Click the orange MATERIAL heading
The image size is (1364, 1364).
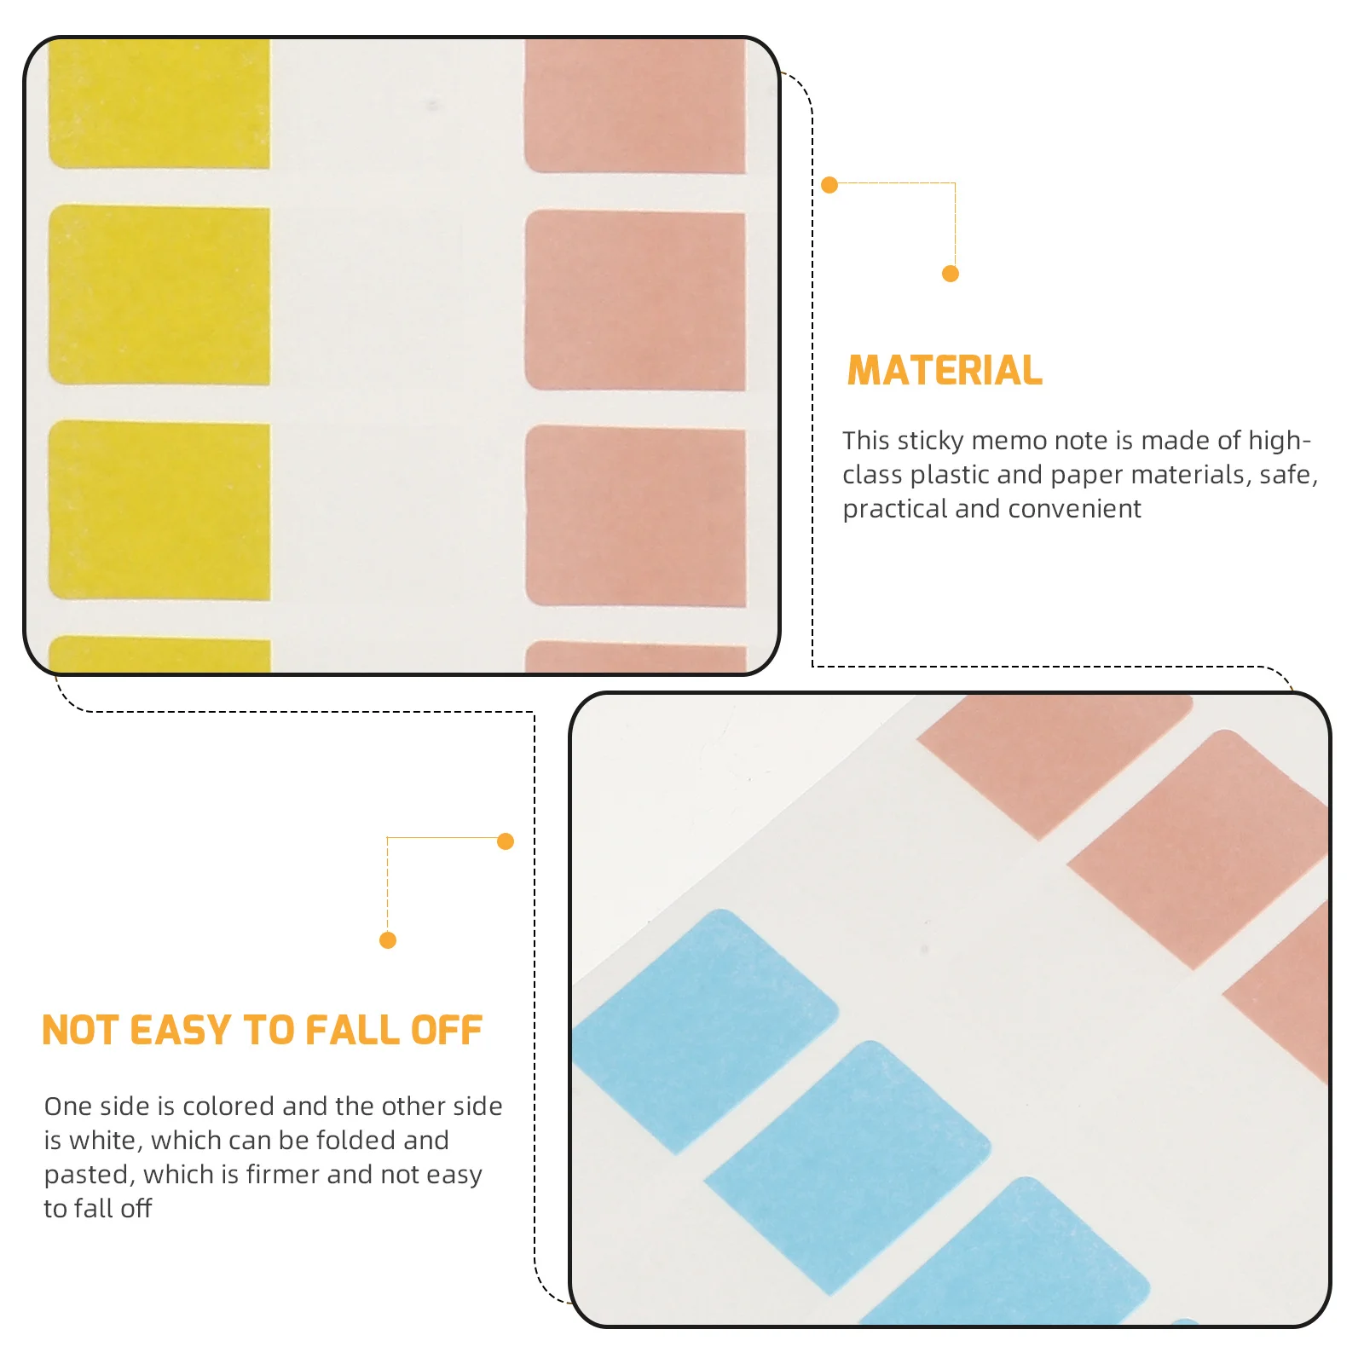point(945,371)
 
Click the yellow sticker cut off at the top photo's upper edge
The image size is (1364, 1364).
point(159,102)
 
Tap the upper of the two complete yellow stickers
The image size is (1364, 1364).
point(159,295)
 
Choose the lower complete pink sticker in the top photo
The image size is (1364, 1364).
point(636,516)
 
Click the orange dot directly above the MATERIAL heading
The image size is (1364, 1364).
point(951,274)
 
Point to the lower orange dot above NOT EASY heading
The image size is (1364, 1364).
point(388,940)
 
